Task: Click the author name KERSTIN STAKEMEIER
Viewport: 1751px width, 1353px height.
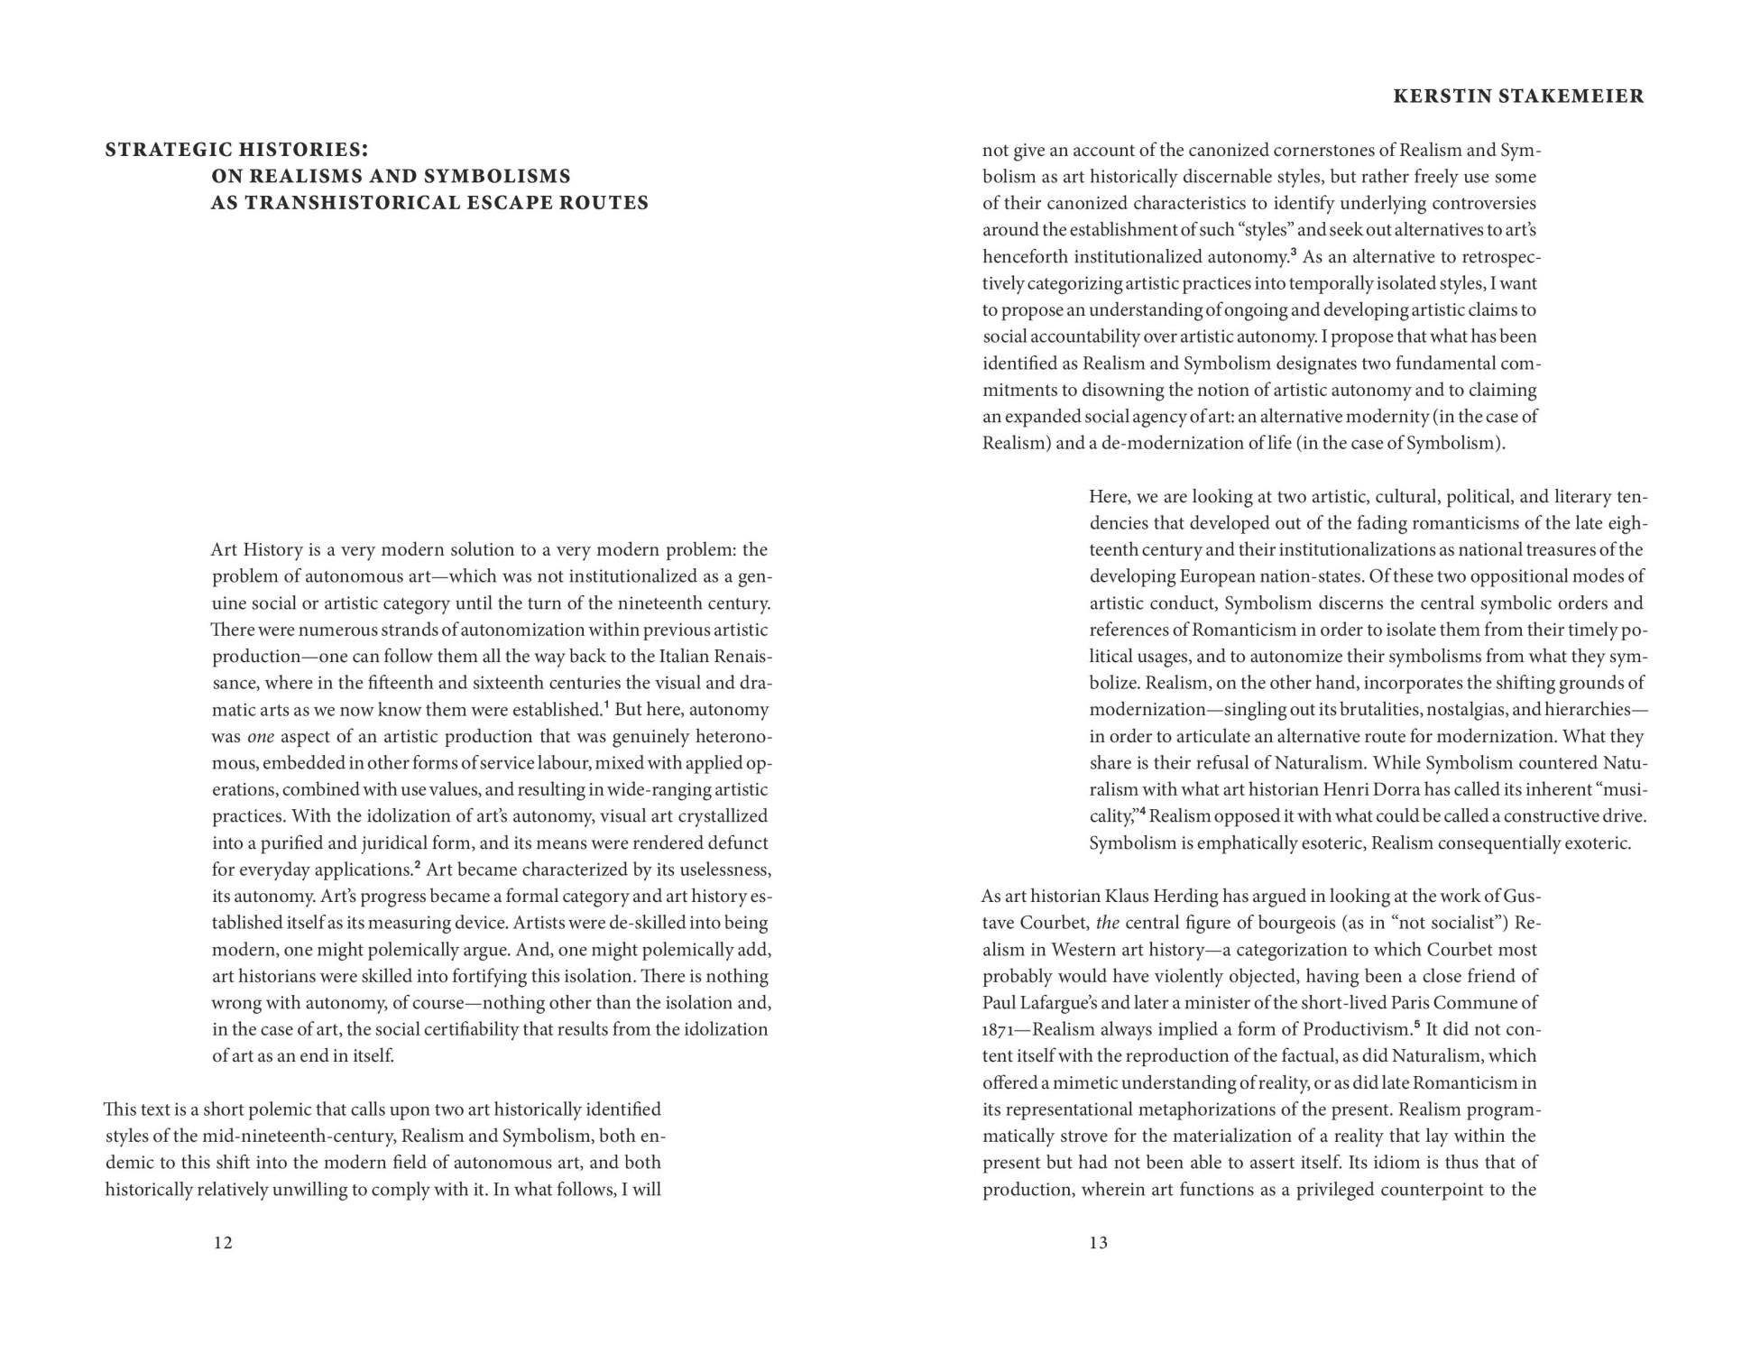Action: [x=1518, y=97]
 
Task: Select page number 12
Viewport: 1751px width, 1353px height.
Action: [x=223, y=1243]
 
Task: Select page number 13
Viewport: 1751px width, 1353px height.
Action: [x=1098, y=1243]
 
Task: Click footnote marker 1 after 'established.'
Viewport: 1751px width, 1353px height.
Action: [x=606, y=704]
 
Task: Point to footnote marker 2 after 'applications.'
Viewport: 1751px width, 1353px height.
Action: [x=418, y=865]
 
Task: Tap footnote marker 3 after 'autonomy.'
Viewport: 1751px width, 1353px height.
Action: [x=1293, y=252]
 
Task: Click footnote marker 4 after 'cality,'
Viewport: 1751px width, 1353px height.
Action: [x=1142, y=812]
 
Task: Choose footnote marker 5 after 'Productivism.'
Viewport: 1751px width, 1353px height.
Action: [x=1416, y=1025]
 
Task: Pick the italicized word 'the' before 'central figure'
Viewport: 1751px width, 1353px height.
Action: [x=1107, y=923]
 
